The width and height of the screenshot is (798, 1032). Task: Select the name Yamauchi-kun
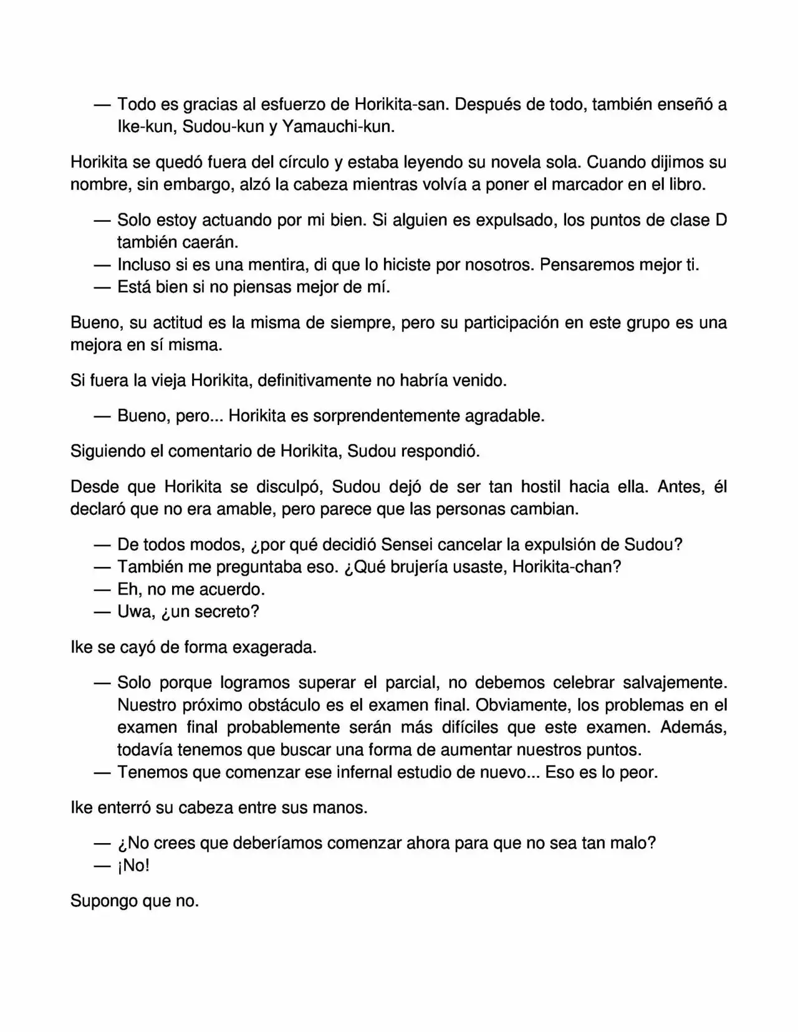(338, 127)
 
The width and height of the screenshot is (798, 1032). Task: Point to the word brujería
(400, 567)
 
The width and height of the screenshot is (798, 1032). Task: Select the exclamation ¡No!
(133, 866)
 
